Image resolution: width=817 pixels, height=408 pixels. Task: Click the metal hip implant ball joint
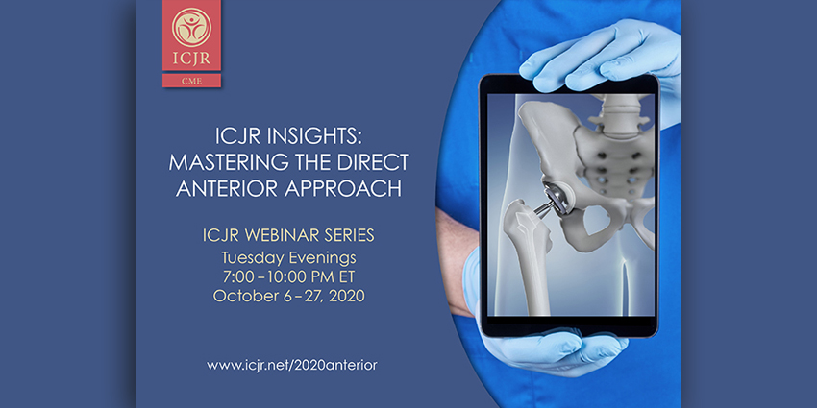click(x=551, y=198)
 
